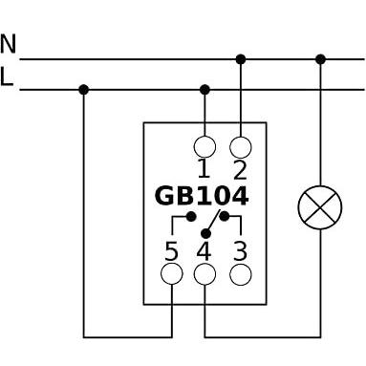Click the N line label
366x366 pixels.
click(9, 44)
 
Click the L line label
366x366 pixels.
click(7, 76)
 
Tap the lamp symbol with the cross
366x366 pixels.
click(320, 207)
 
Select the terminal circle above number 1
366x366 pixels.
click(205, 147)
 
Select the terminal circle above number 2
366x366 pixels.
click(241, 147)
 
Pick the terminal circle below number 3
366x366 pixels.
click(241, 274)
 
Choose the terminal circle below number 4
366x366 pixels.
click(205, 274)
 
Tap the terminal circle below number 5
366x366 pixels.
click(172, 274)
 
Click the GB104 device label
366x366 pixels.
click(202, 196)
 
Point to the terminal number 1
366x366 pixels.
click(204, 169)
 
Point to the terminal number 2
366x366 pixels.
click(240, 169)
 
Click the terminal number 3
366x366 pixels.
click(241, 251)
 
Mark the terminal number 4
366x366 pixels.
click(204, 251)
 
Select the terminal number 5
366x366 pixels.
click(171, 251)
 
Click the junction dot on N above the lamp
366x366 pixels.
click(320, 59)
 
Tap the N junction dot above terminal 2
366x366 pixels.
click(241, 59)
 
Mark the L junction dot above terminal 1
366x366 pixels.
click(205, 90)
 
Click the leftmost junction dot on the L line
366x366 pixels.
click(83, 90)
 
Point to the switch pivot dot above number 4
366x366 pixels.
click(206, 234)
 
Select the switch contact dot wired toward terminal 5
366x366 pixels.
click(191, 217)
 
